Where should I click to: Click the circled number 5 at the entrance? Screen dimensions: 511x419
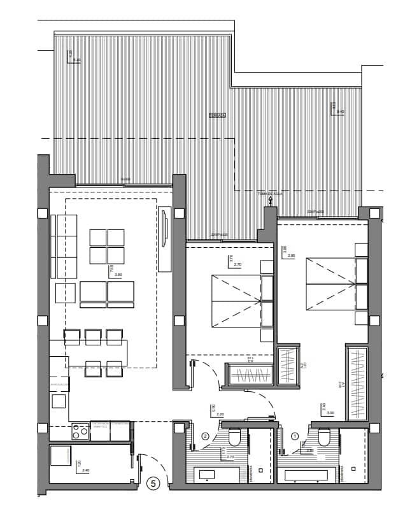(x=153, y=484)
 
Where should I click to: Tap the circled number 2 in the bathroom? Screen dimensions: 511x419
(x=205, y=436)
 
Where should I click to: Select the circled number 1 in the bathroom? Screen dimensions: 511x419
(x=294, y=436)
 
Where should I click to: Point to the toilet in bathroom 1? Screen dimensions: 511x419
(x=323, y=438)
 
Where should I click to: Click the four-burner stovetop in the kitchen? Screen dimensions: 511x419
(x=80, y=432)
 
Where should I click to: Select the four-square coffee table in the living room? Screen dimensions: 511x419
(x=107, y=247)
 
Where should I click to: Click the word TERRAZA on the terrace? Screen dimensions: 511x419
(x=218, y=115)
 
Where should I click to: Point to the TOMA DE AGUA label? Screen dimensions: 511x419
(x=269, y=192)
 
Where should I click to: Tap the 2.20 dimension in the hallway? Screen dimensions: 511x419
(x=220, y=414)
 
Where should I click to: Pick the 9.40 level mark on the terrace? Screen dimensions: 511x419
(x=77, y=60)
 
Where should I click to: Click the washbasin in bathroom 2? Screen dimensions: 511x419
(x=208, y=474)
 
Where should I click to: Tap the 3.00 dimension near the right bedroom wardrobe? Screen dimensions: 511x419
(x=329, y=413)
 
